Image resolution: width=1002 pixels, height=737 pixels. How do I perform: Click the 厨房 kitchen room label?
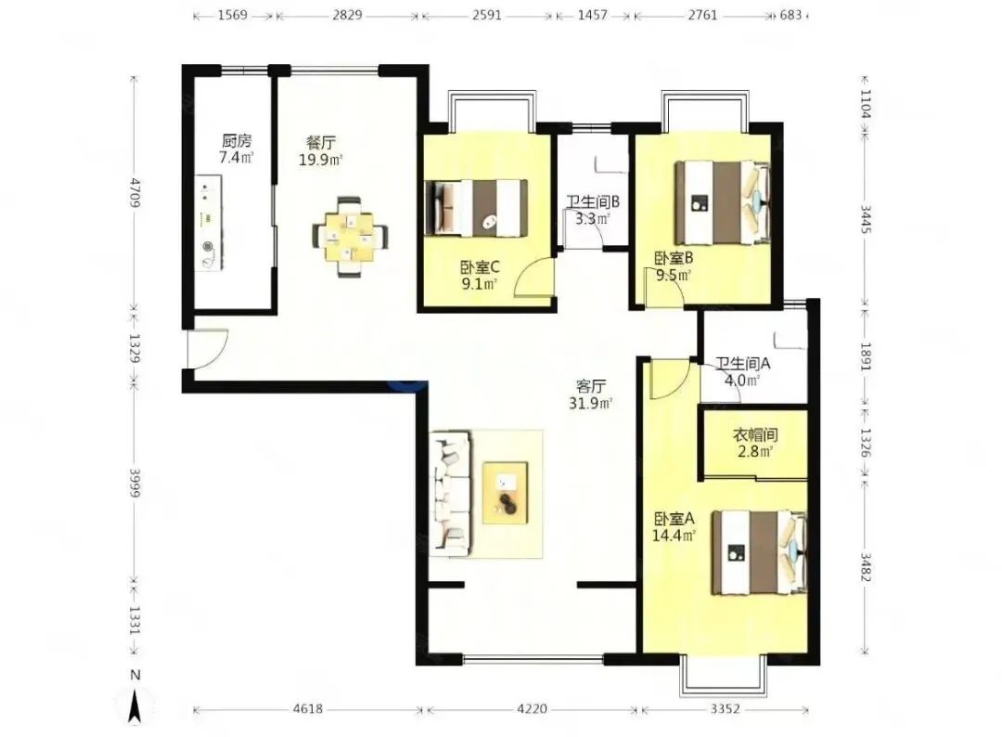tap(237, 141)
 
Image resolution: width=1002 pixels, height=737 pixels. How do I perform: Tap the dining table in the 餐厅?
tap(350, 237)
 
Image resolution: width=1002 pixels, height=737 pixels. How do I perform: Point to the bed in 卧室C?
tap(477, 208)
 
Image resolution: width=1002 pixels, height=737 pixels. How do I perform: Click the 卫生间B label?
tap(593, 202)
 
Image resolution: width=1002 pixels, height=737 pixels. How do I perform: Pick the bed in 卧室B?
tap(723, 202)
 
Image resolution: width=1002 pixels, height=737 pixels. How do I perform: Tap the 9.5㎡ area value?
tap(674, 276)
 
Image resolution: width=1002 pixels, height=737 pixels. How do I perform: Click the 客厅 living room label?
tap(591, 386)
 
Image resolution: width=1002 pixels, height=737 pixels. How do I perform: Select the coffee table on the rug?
tap(506, 493)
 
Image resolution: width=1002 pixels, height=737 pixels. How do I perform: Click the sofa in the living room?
tap(451, 492)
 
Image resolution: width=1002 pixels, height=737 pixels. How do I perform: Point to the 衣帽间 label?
tap(754, 435)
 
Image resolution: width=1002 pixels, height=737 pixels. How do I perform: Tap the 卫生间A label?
tap(742, 364)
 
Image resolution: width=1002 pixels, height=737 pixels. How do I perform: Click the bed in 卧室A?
tap(760, 552)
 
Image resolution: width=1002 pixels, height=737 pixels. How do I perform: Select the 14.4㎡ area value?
tap(674, 536)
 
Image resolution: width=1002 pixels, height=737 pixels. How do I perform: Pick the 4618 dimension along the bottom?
tap(307, 709)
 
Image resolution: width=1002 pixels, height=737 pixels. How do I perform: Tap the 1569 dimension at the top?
tap(233, 15)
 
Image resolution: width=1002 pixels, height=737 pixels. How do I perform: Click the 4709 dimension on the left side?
tap(135, 193)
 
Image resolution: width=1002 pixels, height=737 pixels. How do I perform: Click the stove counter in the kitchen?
tap(209, 223)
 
